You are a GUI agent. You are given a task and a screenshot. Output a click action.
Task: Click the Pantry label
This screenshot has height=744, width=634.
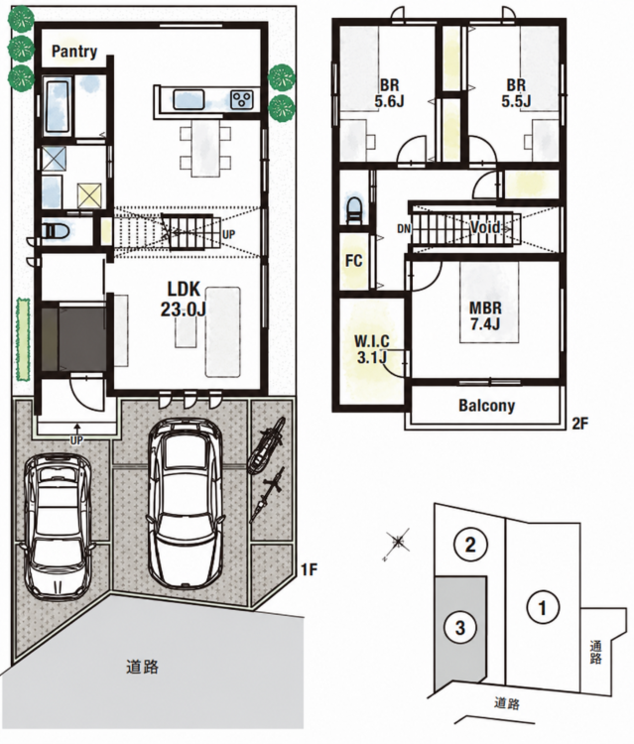point(74,52)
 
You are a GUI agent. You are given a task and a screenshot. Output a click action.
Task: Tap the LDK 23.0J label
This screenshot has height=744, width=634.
point(183,299)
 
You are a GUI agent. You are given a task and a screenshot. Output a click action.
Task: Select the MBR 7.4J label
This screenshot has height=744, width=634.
point(485,315)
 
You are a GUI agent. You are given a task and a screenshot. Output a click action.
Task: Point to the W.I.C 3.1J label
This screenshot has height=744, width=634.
point(372,349)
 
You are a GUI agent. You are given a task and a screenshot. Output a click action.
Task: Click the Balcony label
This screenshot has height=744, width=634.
point(486,406)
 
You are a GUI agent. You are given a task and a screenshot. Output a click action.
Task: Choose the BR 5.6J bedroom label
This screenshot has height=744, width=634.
point(389,93)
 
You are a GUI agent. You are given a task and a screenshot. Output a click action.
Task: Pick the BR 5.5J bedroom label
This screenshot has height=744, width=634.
point(516,93)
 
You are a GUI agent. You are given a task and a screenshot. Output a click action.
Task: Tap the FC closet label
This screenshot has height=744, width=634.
point(353,261)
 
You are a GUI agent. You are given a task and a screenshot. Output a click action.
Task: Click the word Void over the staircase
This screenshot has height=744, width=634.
point(485,227)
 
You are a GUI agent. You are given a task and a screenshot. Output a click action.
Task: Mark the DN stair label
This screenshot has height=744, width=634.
point(404,229)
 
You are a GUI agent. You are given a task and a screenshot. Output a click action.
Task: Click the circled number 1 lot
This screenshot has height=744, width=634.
point(543,607)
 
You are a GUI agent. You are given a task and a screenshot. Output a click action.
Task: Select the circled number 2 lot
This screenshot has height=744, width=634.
point(470,545)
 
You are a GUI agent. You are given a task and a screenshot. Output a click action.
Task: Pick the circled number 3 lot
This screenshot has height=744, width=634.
point(459,628)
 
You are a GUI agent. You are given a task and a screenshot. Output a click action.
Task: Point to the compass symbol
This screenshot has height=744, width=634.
point(398,541)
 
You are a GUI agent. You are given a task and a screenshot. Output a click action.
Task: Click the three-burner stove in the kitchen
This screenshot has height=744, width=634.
point(242,99)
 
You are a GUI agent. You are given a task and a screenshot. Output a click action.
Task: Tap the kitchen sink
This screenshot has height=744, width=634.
point(189,99)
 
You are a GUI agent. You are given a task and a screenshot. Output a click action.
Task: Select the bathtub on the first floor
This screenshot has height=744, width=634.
point(59,106)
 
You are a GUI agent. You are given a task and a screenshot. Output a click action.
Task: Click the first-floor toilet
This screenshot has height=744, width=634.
point(56,231)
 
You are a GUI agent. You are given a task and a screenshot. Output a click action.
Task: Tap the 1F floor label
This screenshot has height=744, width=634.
point(309,569)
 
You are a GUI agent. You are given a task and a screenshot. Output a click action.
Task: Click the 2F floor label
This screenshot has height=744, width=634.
point(580,424)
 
